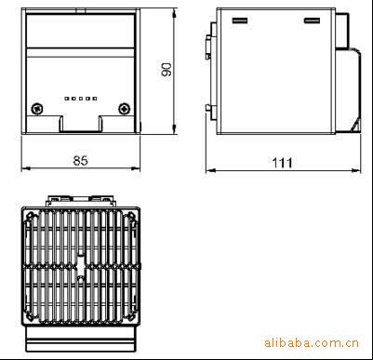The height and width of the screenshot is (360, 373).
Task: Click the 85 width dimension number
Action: pyautogui.click(x=81, y=161)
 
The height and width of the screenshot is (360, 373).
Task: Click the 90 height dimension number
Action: pyautogui.click(x=167, y=70)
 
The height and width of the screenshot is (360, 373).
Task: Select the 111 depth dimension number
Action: pyautogui.click(x=282, y=163)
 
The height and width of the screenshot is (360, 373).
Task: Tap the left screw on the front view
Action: pyautogui.click(x=37, y=109)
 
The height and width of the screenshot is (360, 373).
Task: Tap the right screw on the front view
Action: pyautogui.click(x=125, y=109)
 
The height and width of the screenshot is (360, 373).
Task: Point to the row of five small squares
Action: pyautogui.click(x=81, y=99)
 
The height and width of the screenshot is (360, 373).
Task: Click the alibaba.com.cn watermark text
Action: pyautogui.click(x=312, y=343)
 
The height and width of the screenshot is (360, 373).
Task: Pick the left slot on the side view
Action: pyautogui.click(x=240, y=20)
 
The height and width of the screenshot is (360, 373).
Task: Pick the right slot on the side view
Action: pyautogui.click(x=312, y=20)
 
